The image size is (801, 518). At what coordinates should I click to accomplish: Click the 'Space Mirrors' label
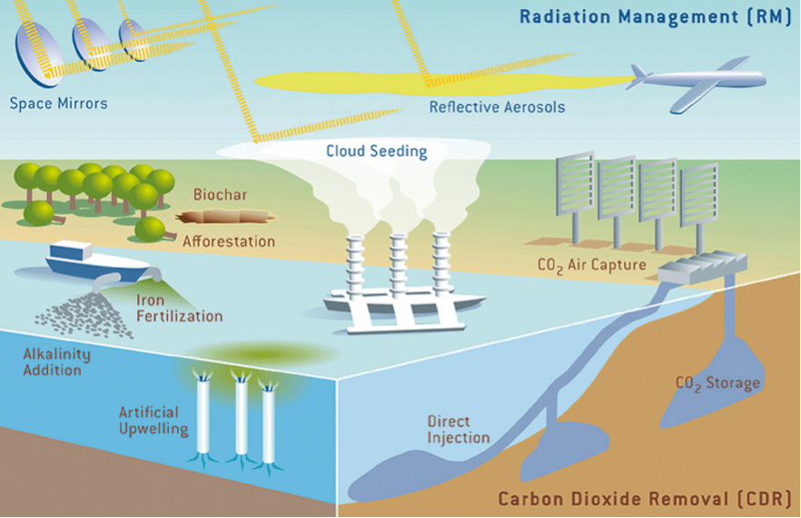[x=58, y=103]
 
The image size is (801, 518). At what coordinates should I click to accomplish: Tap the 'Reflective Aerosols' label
[x=497, y=107]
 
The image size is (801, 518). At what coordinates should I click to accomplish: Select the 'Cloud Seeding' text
[x=376, y=151]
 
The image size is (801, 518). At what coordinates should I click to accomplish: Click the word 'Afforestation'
[x=229, y=242]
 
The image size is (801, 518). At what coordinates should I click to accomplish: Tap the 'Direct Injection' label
[x=459, y=430]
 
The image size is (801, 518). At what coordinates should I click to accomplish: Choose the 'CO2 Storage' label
[x=717, y=383]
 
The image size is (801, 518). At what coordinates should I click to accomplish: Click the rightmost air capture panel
[x=696, y=198]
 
